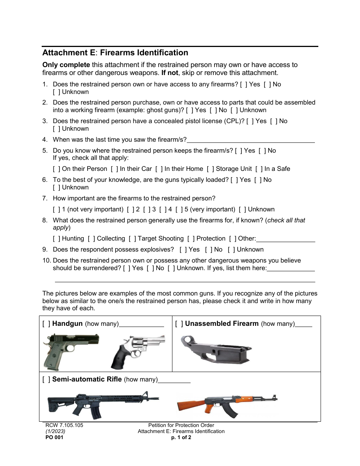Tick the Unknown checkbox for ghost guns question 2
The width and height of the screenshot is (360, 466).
point(234,110)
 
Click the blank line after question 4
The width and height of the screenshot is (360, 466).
point(251,140)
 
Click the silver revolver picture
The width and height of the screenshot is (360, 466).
point(138,350)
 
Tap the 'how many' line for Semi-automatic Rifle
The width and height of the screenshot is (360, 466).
point(174,380)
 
